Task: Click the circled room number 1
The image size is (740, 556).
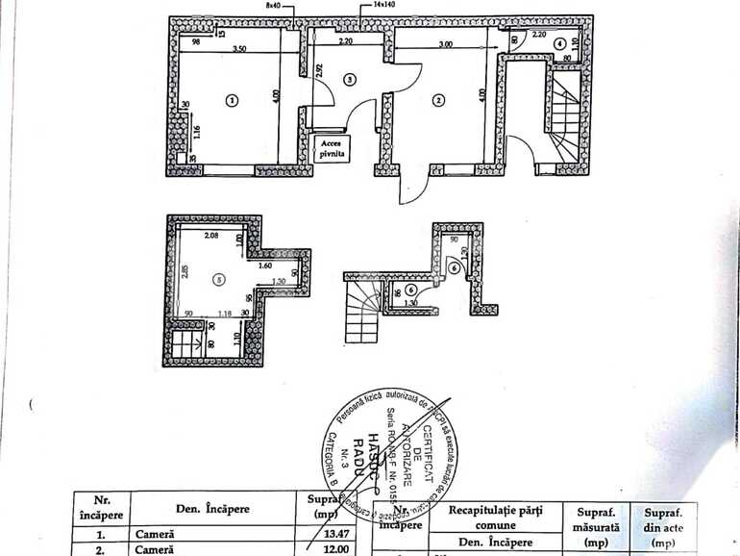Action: pos(230,99)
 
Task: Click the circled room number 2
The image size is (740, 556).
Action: pos(437,99)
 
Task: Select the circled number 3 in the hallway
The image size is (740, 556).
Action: pos(349,79)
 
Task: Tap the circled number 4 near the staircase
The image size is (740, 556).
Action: pos(559,45)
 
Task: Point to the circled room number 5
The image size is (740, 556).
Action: pos(220,280)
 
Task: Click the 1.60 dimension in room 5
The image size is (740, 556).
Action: pos(265,265)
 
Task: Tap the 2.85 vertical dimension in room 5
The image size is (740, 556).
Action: pos(183,270)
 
